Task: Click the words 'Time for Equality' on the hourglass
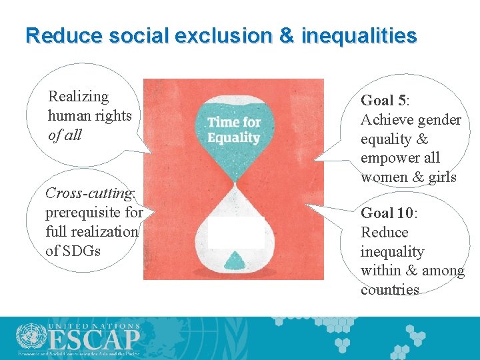233,130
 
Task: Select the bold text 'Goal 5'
383,101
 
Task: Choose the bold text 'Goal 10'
387,213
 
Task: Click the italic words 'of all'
65,135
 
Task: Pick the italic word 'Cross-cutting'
89,193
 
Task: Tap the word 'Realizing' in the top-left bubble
78,97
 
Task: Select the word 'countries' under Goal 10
389,290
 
